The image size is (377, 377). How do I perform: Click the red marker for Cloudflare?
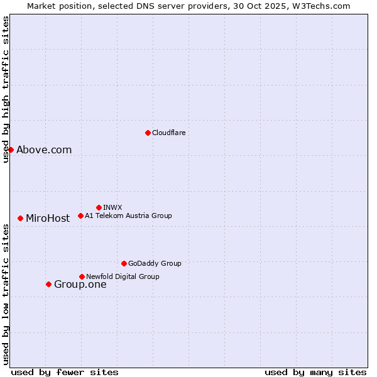tap(148, 133)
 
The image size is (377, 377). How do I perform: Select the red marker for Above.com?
tap(11, 150)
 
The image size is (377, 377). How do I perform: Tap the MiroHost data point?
tap(21, 218)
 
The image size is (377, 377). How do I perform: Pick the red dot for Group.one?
tap(48, 284)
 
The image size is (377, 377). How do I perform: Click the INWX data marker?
tap(99, 207)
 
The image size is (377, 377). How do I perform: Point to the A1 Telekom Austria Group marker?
tap(80, 216)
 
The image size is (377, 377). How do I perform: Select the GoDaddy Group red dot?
tap(124, 263)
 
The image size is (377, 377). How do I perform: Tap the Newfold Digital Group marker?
tap(82, 276)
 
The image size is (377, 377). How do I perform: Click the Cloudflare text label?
tap(168, 133)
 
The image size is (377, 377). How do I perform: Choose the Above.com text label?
tap(44, 150)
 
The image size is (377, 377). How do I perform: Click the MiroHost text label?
tap(48, 218)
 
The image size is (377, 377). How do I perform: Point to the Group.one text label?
tap(80, 284)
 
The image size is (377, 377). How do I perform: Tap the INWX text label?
tap(112, 207)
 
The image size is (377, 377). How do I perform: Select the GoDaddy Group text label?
tap(155, 263)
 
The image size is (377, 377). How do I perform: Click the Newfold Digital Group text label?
tap(123, 276)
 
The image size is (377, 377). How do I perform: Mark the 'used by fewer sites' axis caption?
tap(65, 372)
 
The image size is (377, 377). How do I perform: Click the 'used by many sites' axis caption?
tap(315, 372)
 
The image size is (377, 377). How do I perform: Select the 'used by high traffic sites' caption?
tap(6, 89)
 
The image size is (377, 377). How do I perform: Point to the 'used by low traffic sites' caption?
tap(6, 293)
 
